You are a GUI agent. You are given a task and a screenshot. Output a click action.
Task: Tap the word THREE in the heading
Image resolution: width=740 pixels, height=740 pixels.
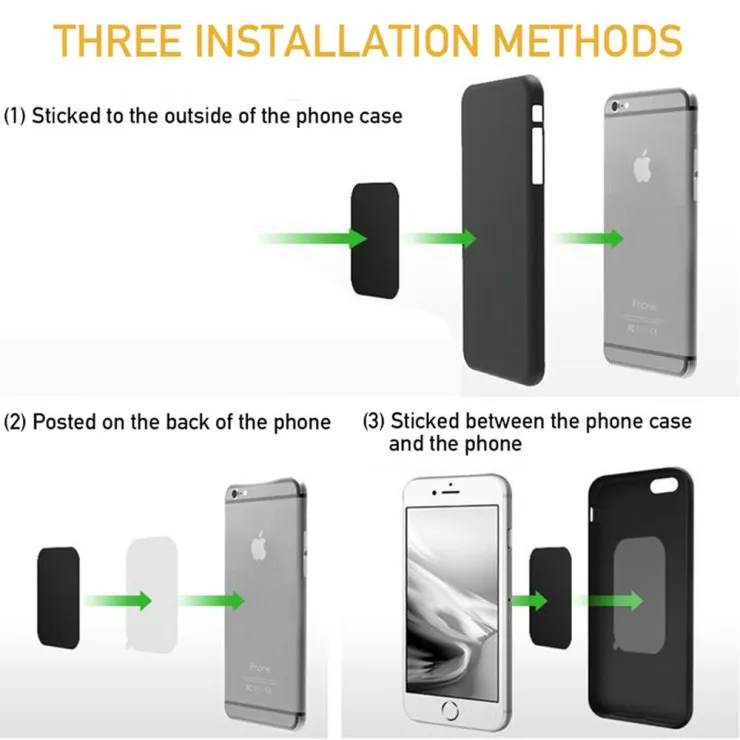pos(117,40)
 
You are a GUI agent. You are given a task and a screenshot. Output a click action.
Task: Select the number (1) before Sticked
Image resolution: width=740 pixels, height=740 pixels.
pos(15,116)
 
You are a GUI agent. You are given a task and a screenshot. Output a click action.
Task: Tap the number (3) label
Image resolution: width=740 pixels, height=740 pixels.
pos(374,421)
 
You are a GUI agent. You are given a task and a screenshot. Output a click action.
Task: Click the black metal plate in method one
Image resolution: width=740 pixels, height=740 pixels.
pos(375,241)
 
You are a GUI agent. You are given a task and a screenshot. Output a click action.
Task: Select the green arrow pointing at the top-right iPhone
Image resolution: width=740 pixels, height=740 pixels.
pos(588,238)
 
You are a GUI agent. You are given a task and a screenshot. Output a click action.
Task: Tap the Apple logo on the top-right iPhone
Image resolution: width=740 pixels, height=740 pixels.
pos(642,166)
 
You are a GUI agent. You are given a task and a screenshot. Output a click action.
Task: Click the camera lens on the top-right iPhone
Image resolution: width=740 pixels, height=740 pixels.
pos(614,106)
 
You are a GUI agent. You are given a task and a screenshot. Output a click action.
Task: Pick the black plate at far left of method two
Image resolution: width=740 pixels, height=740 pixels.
pos(59,598)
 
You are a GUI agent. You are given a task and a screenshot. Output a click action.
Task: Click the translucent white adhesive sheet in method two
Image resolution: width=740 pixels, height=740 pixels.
pos(152,595)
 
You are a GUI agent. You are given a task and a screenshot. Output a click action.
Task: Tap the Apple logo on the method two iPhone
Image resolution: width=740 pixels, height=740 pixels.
pos(259,546)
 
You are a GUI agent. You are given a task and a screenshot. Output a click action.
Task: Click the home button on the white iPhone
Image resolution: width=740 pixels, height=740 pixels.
pos(450,710)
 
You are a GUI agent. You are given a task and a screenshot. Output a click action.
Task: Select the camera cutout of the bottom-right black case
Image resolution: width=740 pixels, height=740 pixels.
pos(664,485)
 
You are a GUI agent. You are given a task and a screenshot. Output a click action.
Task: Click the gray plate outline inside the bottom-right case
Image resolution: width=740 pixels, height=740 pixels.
pos(639,595)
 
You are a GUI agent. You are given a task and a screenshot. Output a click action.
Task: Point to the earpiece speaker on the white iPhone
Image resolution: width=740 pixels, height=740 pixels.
pos(450,493)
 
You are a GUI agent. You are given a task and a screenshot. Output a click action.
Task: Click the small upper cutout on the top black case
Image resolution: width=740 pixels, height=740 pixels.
pos(537,114)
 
